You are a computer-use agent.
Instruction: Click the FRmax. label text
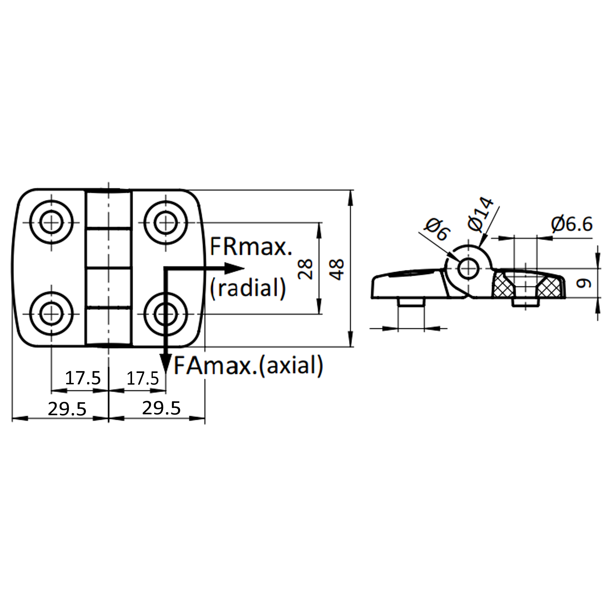point(250,247)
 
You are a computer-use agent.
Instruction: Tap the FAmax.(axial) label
point(248,365)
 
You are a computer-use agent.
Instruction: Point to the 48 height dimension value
point(337,269)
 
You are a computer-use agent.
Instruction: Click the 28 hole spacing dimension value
point(306,269)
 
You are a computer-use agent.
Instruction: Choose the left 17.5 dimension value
point(83,378)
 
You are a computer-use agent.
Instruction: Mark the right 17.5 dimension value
point(142,379)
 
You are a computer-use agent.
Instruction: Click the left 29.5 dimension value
point(67,409)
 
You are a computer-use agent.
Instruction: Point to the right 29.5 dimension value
point(161,408)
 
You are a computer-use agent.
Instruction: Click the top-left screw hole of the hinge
point(51,222)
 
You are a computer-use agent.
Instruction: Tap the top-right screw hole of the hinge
point(165,222)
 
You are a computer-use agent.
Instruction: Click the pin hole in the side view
point(468,268)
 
